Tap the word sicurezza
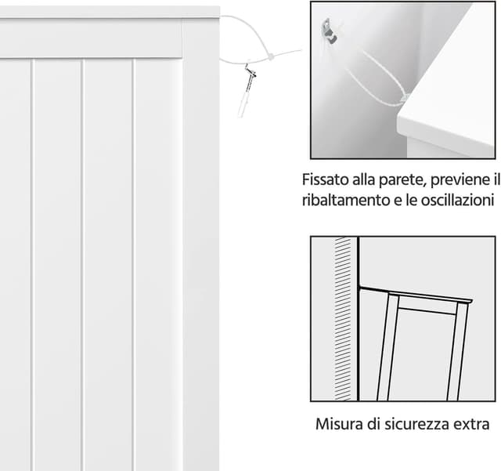pyautogui.click(x=417, y=424)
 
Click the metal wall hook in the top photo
pyautogui.click(x=329, y=31)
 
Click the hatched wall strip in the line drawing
pyautogui.click(x=343, y=319)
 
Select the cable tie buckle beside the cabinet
pyautogui.click(x=271, y=57)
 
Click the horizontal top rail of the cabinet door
pyautogui.click(x=91, y=38)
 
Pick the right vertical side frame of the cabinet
pyautogui.click(x=200, y=243)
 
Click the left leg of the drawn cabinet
pyautogui.click(x=387, y=347)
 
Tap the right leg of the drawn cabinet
pyautogui.click(x=457, y=350)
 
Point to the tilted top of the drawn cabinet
pyautogui.click(x=416, y=295)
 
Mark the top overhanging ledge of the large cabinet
pyautogui.click(x=110, y=13)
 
